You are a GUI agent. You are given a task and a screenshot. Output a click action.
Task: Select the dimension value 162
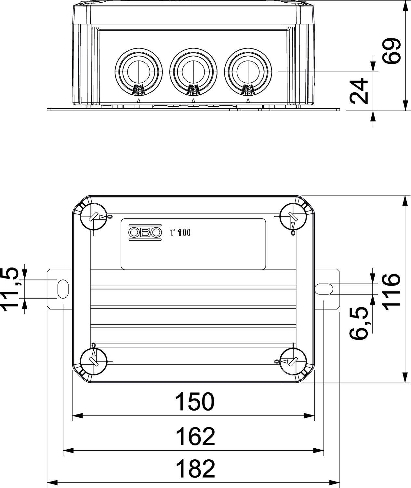pyautogui.click(x=195, y=437)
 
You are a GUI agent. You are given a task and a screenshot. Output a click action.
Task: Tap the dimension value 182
pyautogui.click(x=195, y=469)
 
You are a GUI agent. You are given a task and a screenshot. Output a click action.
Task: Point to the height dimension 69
pyautogui.click(x=391, y=51)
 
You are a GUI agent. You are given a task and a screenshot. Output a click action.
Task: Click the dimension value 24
pyautogui.click(x=360, y=91)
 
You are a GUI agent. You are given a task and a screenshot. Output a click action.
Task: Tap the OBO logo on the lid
pyautogui.click(x=145, y=232)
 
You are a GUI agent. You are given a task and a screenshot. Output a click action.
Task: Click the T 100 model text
pyautogui.click(x=180, y=233)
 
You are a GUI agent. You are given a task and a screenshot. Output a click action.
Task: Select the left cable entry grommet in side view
pyautogui.click(x=139, y=71)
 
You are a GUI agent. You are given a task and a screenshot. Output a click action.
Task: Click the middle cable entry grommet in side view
pyautogui.click(x=193, y=71)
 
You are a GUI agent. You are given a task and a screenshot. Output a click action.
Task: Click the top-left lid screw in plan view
pyautogui.click(x=94, y=217)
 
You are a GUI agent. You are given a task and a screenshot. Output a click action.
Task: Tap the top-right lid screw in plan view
pyautogui.click(x=293, y=217)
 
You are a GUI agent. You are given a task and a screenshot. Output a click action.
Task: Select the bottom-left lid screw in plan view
pyautogui.click(x=94, y=361)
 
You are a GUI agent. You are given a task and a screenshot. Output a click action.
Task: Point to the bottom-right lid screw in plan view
pyautogui.click(x=293, y=361)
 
